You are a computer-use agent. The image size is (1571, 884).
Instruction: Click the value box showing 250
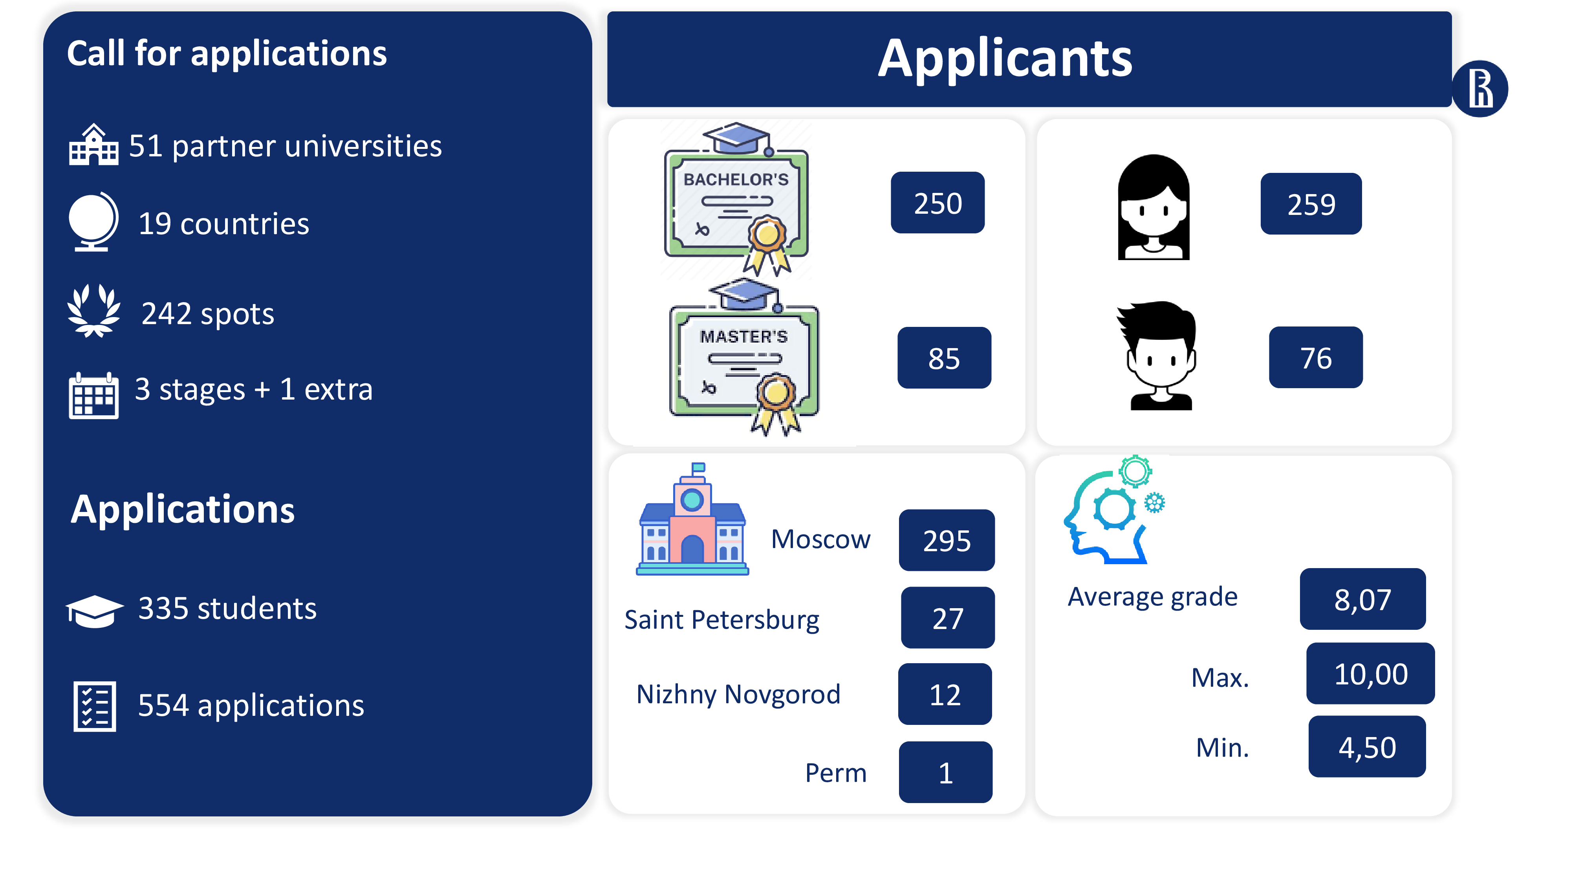[x=937, y=203]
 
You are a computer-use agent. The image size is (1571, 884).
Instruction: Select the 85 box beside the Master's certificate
[x=944, y=358]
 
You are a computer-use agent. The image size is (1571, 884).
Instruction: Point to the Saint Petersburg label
[x=721, y=620]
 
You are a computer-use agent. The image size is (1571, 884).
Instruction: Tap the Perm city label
[x=835, y=773]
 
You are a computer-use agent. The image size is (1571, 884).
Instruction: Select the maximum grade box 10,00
[x=1370, y=673]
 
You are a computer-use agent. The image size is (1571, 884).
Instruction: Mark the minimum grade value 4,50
[x=1367, y=747]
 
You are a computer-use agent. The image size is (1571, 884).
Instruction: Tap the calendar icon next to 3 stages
[x=93, y=395]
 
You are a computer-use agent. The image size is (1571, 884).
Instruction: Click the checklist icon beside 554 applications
[x=95, y=706]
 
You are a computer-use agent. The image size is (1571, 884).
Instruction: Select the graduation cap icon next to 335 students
[x=95, y=611]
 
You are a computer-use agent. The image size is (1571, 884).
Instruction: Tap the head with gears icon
[x=1113, y=510]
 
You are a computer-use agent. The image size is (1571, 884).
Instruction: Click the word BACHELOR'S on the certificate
[x=736, y=180]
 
